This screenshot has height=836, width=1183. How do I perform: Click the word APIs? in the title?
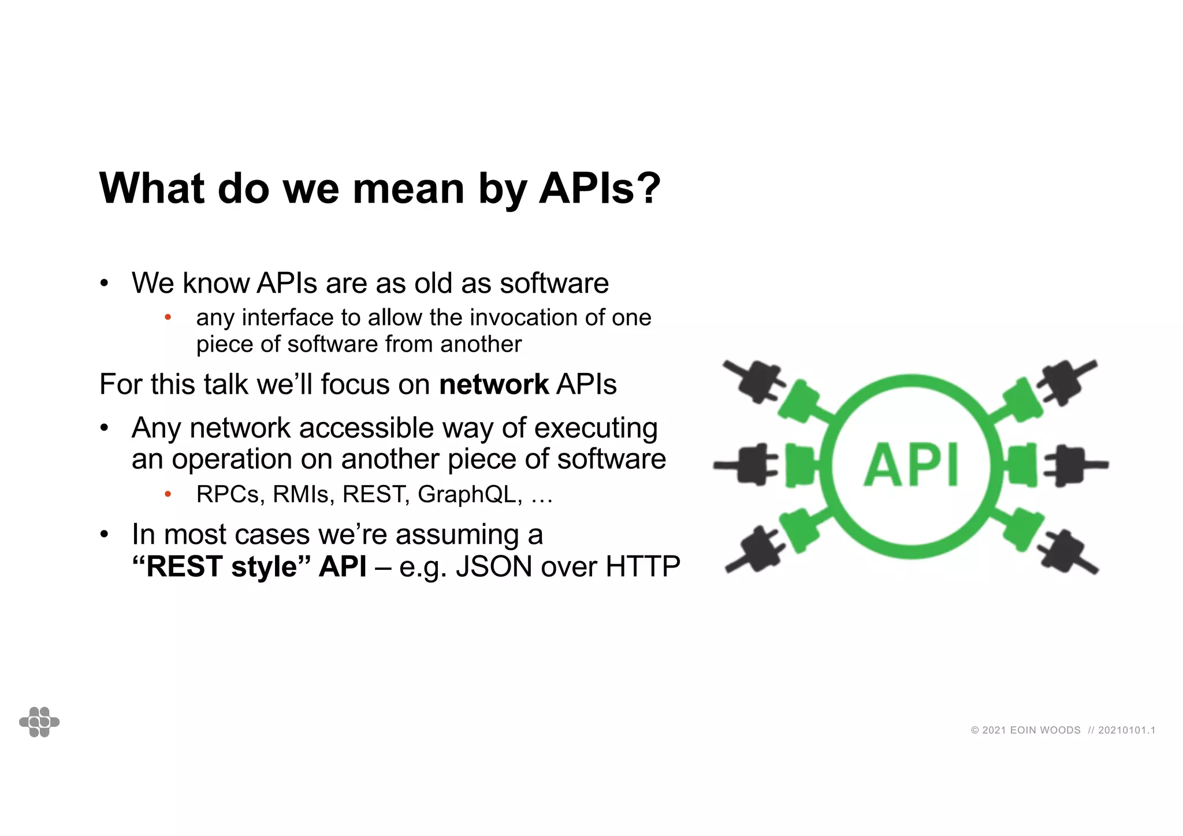point(600,188)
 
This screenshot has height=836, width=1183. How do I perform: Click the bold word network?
point(494,385)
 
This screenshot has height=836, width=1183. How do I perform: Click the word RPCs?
point(230,494)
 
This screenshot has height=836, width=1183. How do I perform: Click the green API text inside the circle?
point(912,465)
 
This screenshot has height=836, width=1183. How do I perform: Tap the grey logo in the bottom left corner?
point(39,722)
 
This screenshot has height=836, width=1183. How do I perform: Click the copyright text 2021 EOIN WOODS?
point(1025,730)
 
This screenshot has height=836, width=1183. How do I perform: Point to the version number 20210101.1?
point(1126,730)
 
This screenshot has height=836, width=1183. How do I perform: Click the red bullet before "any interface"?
point(168,318)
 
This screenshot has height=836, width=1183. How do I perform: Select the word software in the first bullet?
point(554,283)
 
